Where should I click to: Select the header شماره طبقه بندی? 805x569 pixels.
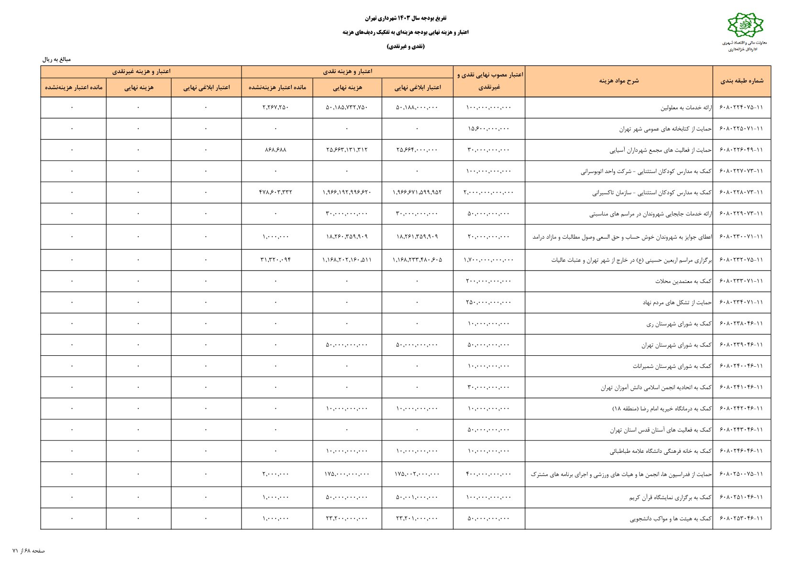click(741, 81)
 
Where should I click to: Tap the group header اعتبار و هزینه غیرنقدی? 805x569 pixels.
click(141, 72)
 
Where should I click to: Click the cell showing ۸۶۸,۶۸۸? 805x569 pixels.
click(276, 150)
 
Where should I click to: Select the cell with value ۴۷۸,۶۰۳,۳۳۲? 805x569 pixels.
click(276, 192)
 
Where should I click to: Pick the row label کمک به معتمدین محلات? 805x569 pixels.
click(683, 281)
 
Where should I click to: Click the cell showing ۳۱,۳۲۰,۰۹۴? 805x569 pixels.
click(276, 260)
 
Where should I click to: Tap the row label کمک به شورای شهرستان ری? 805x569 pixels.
click(679, 324)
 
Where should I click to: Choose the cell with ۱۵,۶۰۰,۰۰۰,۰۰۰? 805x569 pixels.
click(488, 129)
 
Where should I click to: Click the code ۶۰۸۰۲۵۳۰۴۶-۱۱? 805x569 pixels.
click(741, 518)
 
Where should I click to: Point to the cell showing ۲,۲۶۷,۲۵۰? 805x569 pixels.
click(276, 108)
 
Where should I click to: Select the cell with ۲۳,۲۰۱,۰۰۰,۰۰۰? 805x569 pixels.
click(417, 518)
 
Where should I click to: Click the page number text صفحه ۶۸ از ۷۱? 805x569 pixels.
click(29, 551)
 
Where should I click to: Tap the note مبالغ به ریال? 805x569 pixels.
click(56, 60)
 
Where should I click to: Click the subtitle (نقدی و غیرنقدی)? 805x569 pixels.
click(406, 46)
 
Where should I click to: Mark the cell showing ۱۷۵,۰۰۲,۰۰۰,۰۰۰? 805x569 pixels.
click(417, 474)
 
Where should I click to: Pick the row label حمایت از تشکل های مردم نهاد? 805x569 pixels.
click(677, 303)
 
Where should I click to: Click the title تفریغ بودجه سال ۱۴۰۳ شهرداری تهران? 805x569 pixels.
click(406, 18)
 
